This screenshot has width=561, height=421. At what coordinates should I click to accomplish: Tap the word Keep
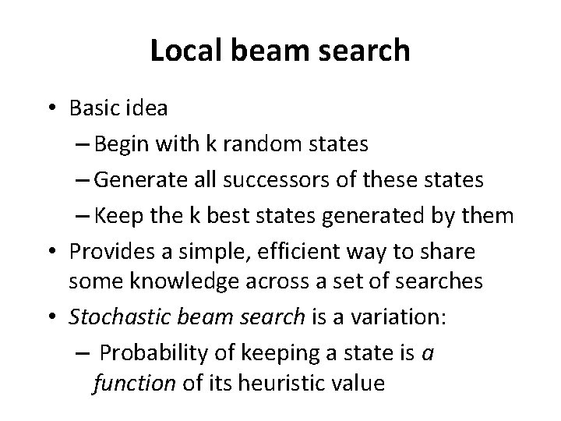click(x=120, y=216)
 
